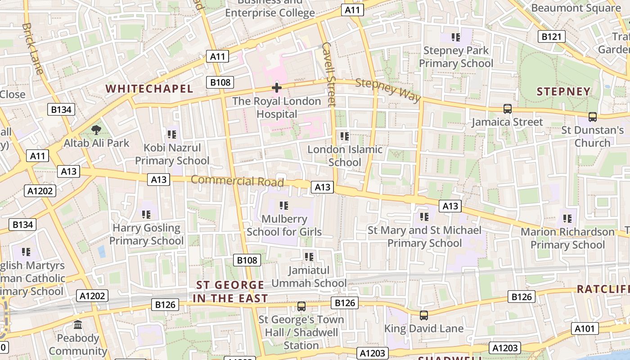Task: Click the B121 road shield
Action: [x=552, y=36]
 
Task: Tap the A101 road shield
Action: [x=585, y=328]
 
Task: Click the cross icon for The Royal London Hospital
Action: [x=276, y=87]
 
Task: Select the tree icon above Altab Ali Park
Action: [x=96, y=130]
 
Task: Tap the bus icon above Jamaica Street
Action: [x=507, y=109]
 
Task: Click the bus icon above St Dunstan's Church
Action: [x=592, y=117]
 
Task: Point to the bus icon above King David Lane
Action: [x=423, y=315]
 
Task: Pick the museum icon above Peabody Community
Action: [x=78, y=324]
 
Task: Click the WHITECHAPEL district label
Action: [x=149, y=89]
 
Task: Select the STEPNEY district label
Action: [x=563, y=92]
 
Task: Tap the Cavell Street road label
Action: [x=329, y=74]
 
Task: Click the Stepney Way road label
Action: [x=388, y=90]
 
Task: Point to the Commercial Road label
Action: [x=237, y=181]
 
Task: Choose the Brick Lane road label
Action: [x=32, y=42]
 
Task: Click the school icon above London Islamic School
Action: [x=345, y=136]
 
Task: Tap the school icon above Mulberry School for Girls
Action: [x=283, y=206]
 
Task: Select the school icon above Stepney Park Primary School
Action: [x=456, y=37]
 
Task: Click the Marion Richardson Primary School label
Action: [x=567, y=238]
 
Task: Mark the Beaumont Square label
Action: [x=576, y=8]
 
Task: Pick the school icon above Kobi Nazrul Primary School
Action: [x=171, y=134]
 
